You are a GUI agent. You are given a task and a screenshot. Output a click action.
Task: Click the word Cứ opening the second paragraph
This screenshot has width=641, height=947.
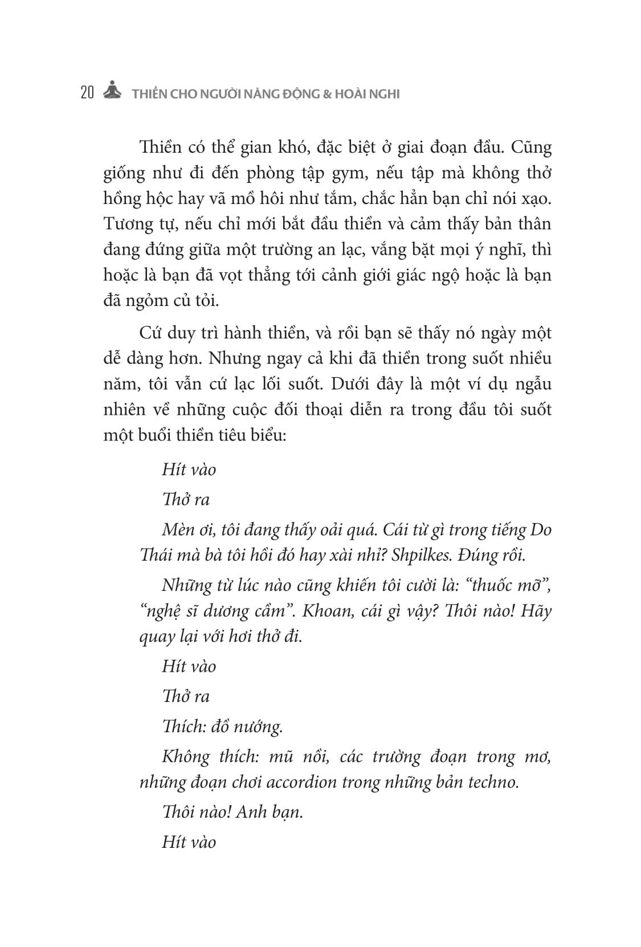click(150, 333)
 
